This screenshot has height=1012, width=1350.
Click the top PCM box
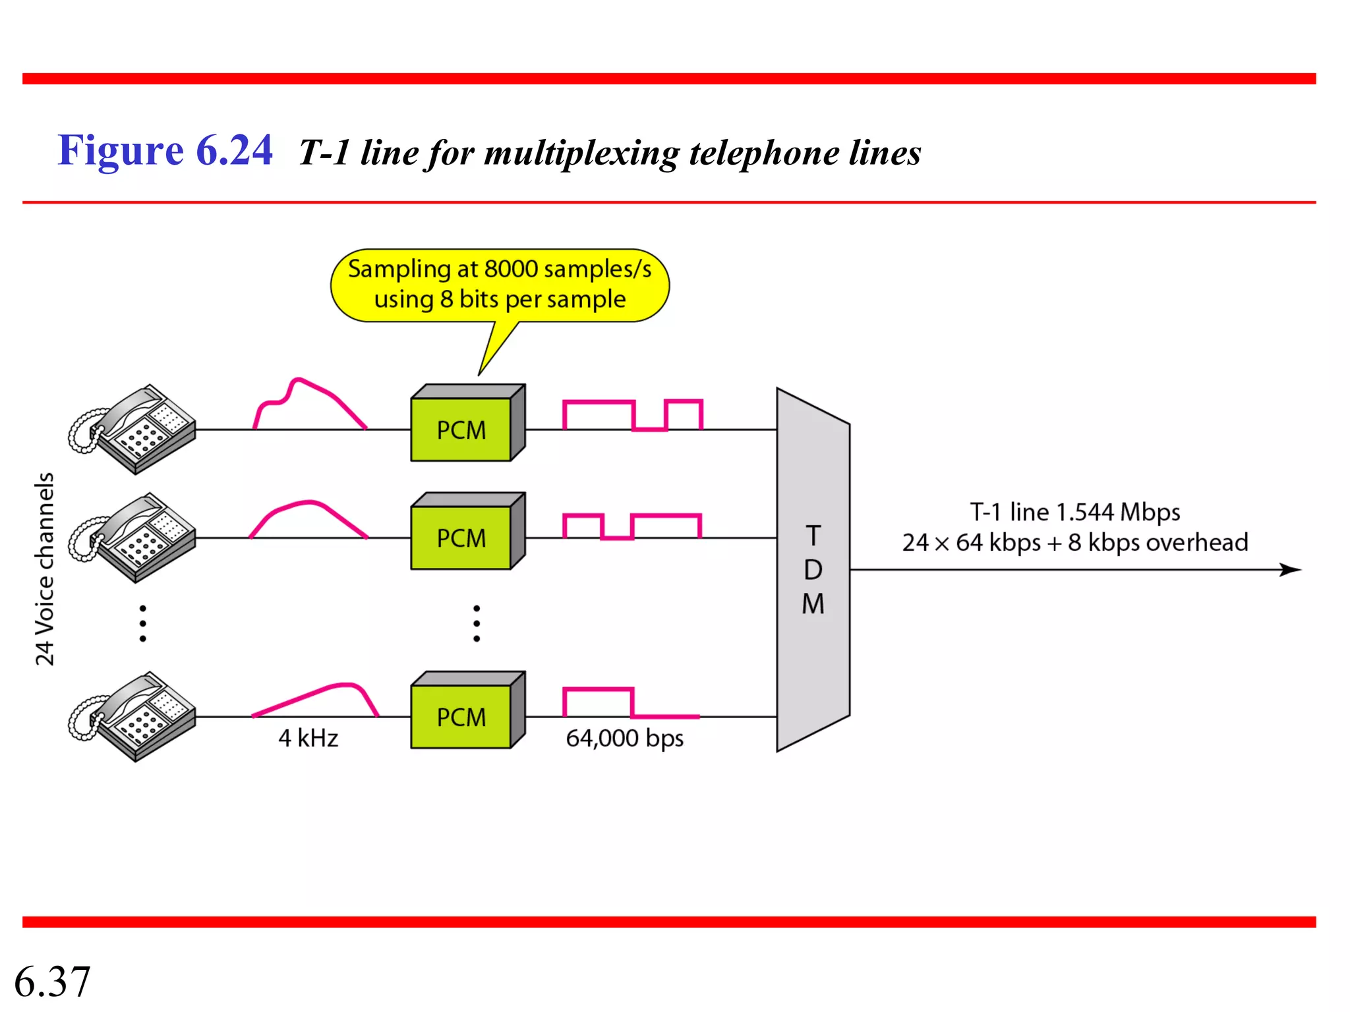tap(461, 429)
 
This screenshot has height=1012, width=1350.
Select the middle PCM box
tap(461, 537)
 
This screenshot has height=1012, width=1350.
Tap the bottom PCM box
tap(461, 716)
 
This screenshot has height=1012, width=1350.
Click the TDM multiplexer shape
tap(813, 569)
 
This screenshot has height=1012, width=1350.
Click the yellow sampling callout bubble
tap(500, 285)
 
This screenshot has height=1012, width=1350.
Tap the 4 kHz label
tap(308, 738)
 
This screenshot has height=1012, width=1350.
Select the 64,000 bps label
tap(624, 738)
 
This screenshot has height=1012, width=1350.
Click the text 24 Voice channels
tap(45, 569)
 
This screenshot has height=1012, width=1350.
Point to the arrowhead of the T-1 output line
tap(1292, 569)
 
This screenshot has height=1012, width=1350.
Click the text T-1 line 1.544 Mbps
tap(1074, 512)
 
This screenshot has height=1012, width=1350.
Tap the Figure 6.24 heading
tap(165, 150)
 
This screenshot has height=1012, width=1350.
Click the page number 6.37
tap(52, 981)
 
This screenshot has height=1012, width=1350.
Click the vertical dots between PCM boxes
tap(477, 623)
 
